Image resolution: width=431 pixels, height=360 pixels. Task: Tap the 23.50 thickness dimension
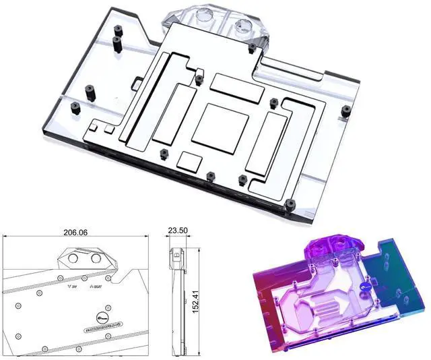178,231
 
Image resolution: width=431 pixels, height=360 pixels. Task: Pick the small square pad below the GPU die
191,160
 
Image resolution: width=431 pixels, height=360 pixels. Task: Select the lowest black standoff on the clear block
291,204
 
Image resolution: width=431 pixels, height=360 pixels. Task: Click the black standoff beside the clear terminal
251,48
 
